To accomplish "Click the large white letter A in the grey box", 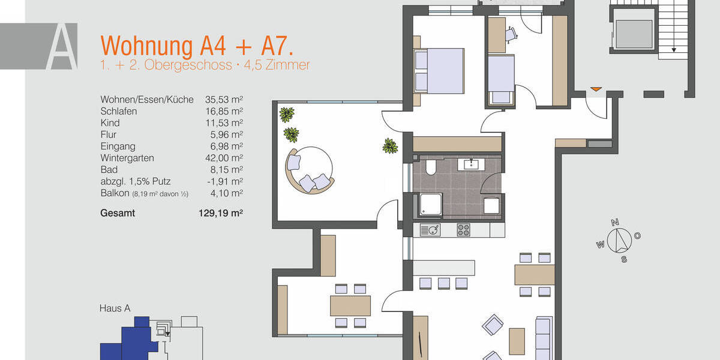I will tap(62, 47).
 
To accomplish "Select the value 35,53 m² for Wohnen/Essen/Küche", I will tap(224, 100).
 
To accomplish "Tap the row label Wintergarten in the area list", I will tap(127, 158).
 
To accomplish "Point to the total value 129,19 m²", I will tap(220, 213).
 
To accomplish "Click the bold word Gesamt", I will tap(118, 213).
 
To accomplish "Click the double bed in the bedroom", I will tap(439, 71).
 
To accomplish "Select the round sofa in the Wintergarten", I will tap(308, 171).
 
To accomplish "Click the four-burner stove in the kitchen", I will tap(464, 230).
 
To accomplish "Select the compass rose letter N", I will tap(615, 223).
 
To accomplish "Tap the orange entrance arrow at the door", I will tap(595, 90).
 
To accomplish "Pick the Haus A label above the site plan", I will tap(115, 308).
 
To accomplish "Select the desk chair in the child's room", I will tap(510, 35).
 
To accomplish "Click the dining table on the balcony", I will tap(350, 305).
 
